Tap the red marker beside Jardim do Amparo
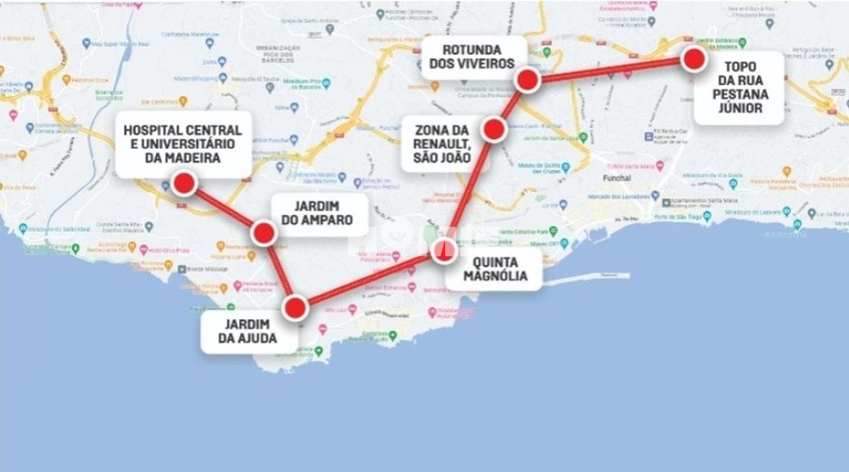coord(264,232)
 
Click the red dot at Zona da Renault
coord(493,129)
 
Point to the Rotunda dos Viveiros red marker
coord(527,80)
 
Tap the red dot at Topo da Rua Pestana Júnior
coord(693,59)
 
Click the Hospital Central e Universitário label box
coord(183,144)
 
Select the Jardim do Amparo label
coord(317,213)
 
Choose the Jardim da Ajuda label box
coord(248,331)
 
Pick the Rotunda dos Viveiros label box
coord(472,57)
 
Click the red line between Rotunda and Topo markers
coord(610,70)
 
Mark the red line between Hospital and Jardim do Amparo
coord(224,208)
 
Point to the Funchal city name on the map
coord(617,178)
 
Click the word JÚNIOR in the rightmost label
coord(740,108)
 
